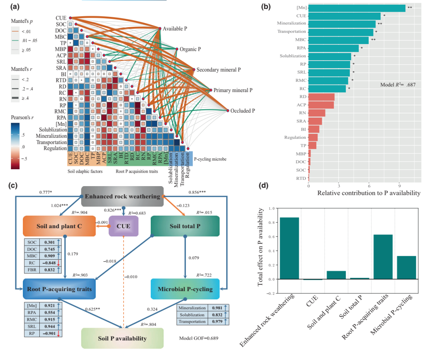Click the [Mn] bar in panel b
(357, 8)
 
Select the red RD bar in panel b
(322, 97)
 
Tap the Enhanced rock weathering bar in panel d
(289, 248)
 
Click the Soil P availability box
(122, 338)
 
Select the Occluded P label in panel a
(243, 111)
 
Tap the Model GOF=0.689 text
(198, 338)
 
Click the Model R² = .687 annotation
(398, 85)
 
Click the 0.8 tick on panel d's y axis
(270, 222)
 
